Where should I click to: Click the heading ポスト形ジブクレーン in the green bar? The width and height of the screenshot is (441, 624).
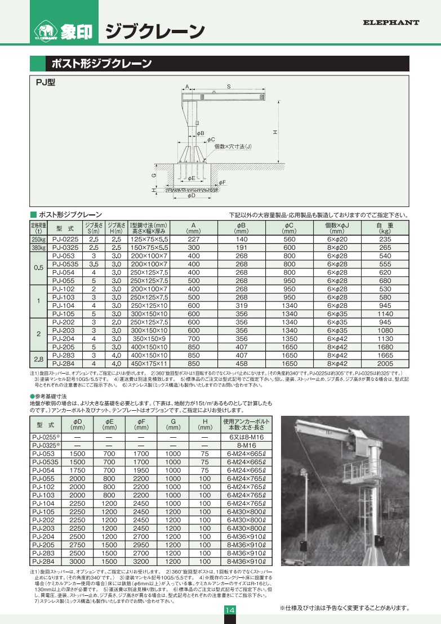pos(101,63)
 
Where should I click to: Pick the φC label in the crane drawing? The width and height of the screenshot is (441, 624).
pos(211,139)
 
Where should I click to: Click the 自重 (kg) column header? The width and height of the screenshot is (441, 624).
pos(385,228)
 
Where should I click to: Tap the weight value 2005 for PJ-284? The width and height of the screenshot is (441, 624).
pos(385,363)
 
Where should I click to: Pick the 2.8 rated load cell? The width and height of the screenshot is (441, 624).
pos(38,360)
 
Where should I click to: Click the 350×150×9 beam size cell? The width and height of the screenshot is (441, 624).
pos(149,339)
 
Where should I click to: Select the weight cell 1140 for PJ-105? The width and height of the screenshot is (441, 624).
pos(385,313)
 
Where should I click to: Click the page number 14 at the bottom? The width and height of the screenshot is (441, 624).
pos(230,611)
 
